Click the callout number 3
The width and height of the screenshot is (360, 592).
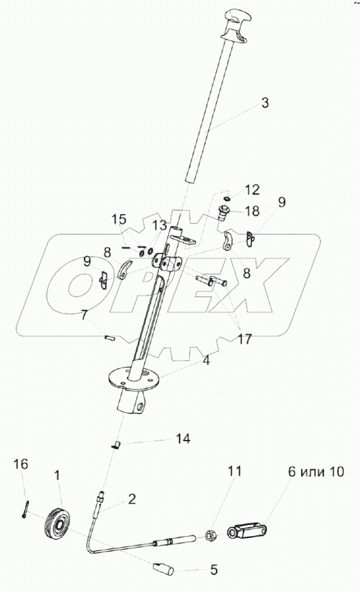pos(265,102)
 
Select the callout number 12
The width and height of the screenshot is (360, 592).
pos(251,190)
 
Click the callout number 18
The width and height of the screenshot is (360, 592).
pos(251,210)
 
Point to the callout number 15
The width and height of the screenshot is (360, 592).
pos(119,220)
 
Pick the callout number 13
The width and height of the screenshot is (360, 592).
pos(159,225)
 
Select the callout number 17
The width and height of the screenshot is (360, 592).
pos(244,339)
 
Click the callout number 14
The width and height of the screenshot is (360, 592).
pos(183,439)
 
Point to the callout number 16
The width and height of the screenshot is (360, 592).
pos(21,464)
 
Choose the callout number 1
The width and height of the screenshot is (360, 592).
pos(56,475)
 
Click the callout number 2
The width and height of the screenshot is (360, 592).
pos(132,499)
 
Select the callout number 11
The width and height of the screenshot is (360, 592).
pos(234,471)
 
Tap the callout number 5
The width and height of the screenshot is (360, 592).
pos(213,570)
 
